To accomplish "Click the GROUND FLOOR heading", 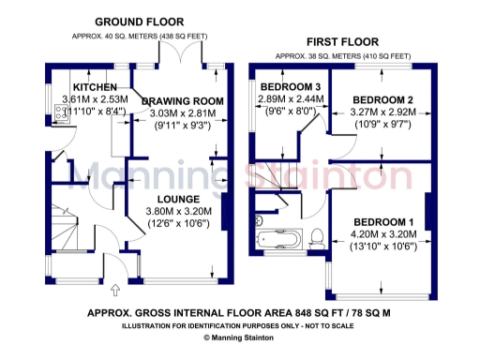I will click(x=140, y=22).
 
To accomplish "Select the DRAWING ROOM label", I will click(x=182, y=100).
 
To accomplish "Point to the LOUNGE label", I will click(x=177, y=199).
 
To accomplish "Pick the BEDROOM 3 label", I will click(x=291, y=86).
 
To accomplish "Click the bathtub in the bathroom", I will click(x=278, y=238).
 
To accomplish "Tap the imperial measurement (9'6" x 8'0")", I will click(x=291, y=110).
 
